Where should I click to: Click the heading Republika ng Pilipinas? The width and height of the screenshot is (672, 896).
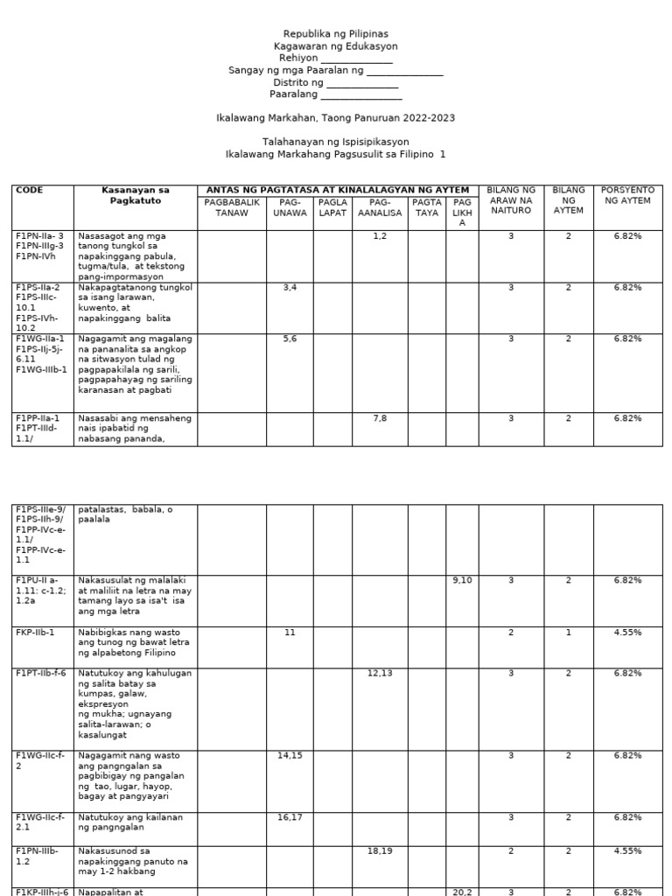coord(335,33)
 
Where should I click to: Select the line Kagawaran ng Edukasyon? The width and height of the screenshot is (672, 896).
coord(335,45)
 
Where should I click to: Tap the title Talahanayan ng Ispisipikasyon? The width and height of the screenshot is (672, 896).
coord(335,142)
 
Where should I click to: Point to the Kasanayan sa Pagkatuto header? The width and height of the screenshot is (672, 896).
coord(135,195)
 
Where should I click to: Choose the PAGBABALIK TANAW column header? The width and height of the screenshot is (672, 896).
coord(232,207)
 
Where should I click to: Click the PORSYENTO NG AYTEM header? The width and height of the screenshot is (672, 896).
coord(627,195)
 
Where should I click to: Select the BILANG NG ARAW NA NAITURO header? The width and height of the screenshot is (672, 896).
coord(511,200)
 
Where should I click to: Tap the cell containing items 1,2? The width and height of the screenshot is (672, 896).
coord(380,236)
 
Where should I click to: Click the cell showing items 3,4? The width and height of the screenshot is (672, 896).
coord(290,288)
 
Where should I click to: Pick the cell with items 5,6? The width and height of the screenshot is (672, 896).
coord(290,339)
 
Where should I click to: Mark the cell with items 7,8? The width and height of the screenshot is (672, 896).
coord(380,419)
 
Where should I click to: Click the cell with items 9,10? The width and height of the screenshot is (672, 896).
coord(462,580)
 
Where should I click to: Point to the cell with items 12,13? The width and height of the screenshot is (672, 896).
coord(380,673)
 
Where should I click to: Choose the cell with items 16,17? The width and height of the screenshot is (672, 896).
coord(290,817)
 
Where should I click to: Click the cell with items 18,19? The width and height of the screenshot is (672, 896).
coord(380,850)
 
